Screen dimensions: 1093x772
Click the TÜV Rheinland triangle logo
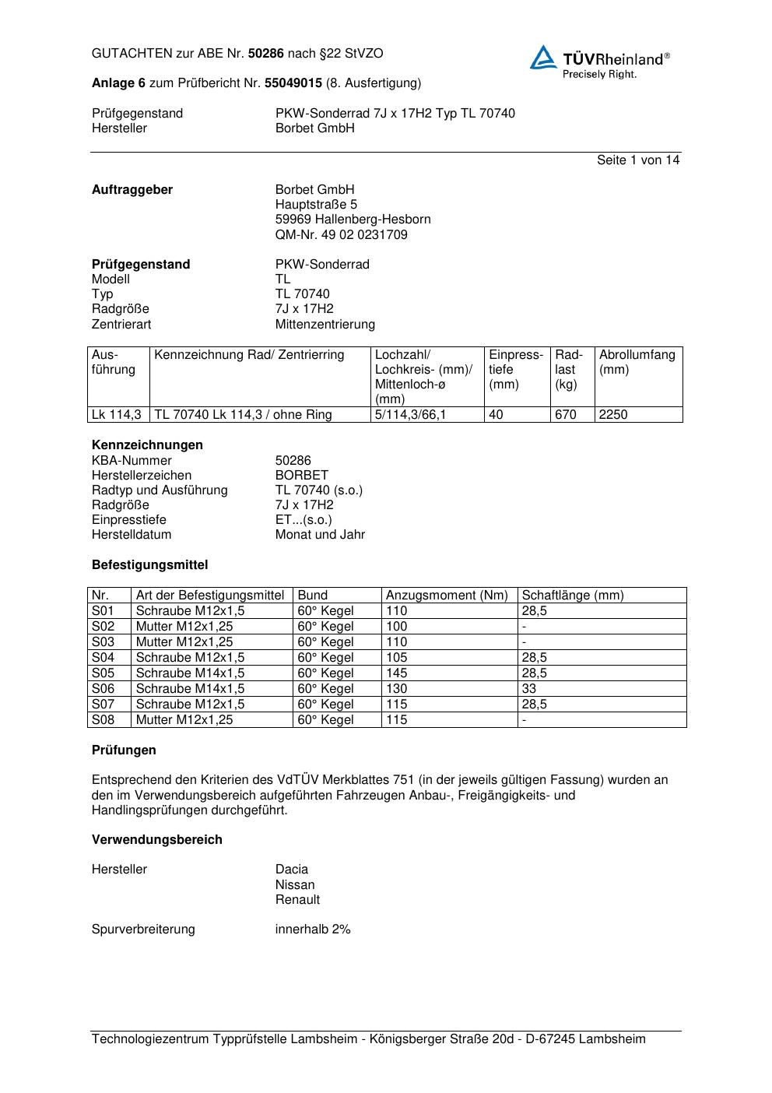[x=543, y=58]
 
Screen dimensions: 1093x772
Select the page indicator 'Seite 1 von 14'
[x=637, y=160]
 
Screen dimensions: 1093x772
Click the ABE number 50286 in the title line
[x=266, y=54]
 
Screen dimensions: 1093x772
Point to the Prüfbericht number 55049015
[x=293, y=83]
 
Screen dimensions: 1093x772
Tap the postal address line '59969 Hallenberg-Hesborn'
[x=353, y=220]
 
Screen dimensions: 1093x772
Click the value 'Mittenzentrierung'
[x=325, y=324]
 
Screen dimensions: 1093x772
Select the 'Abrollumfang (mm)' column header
[x=637, y=362]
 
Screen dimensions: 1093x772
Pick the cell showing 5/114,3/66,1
[x=410, y=415]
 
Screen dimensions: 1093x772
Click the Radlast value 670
[x=566, y=415]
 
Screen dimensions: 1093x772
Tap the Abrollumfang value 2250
[x=613, y=415]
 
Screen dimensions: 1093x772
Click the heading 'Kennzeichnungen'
[x=147, y=445]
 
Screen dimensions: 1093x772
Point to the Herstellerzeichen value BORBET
[x=302, y=476]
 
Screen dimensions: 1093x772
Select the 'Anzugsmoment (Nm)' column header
[x=447, y=596]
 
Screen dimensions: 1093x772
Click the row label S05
[x=103, y=673]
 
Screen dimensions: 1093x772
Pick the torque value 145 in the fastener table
[x=397, y=673]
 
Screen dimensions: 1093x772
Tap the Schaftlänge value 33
[x=529, y=689]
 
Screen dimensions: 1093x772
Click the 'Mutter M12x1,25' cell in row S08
[x=184, y=720]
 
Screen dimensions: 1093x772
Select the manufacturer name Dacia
[x=292, y=870]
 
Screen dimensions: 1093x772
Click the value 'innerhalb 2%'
[x=313, y=930]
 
